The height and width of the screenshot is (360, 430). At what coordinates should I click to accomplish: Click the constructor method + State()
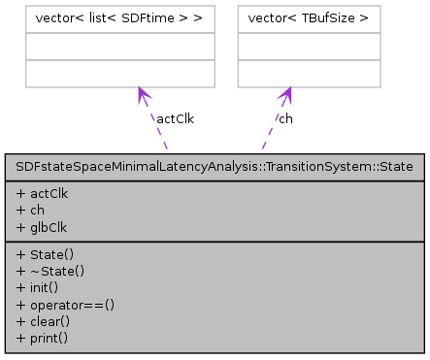[42, 253]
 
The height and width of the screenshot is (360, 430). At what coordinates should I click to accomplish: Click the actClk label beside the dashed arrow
[175, 118]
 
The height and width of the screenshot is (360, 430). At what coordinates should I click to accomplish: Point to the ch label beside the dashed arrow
[285, 118]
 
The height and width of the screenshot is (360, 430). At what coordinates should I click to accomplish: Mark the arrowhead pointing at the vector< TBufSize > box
[287, 93]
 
